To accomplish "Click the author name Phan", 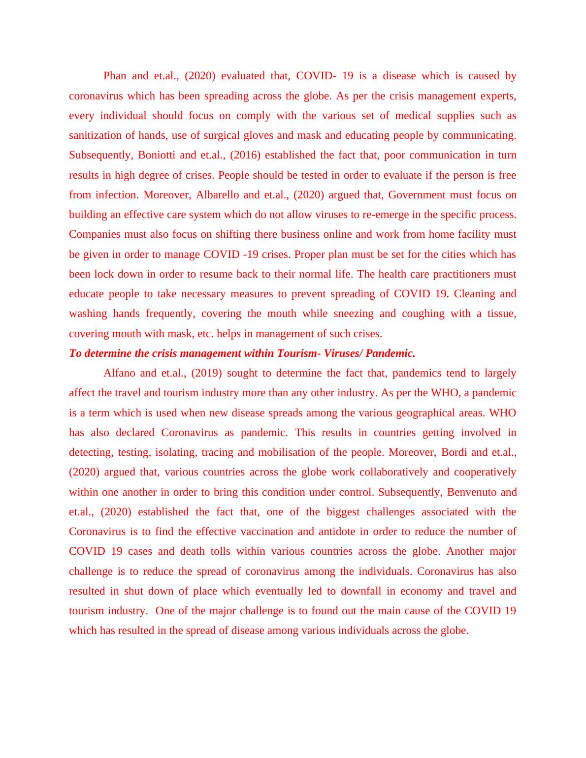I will (x=115, y=76).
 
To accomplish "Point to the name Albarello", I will (x=217, y=195).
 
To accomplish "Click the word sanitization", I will (x=95, y=135).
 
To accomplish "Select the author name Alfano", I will (x=118, y=373).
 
